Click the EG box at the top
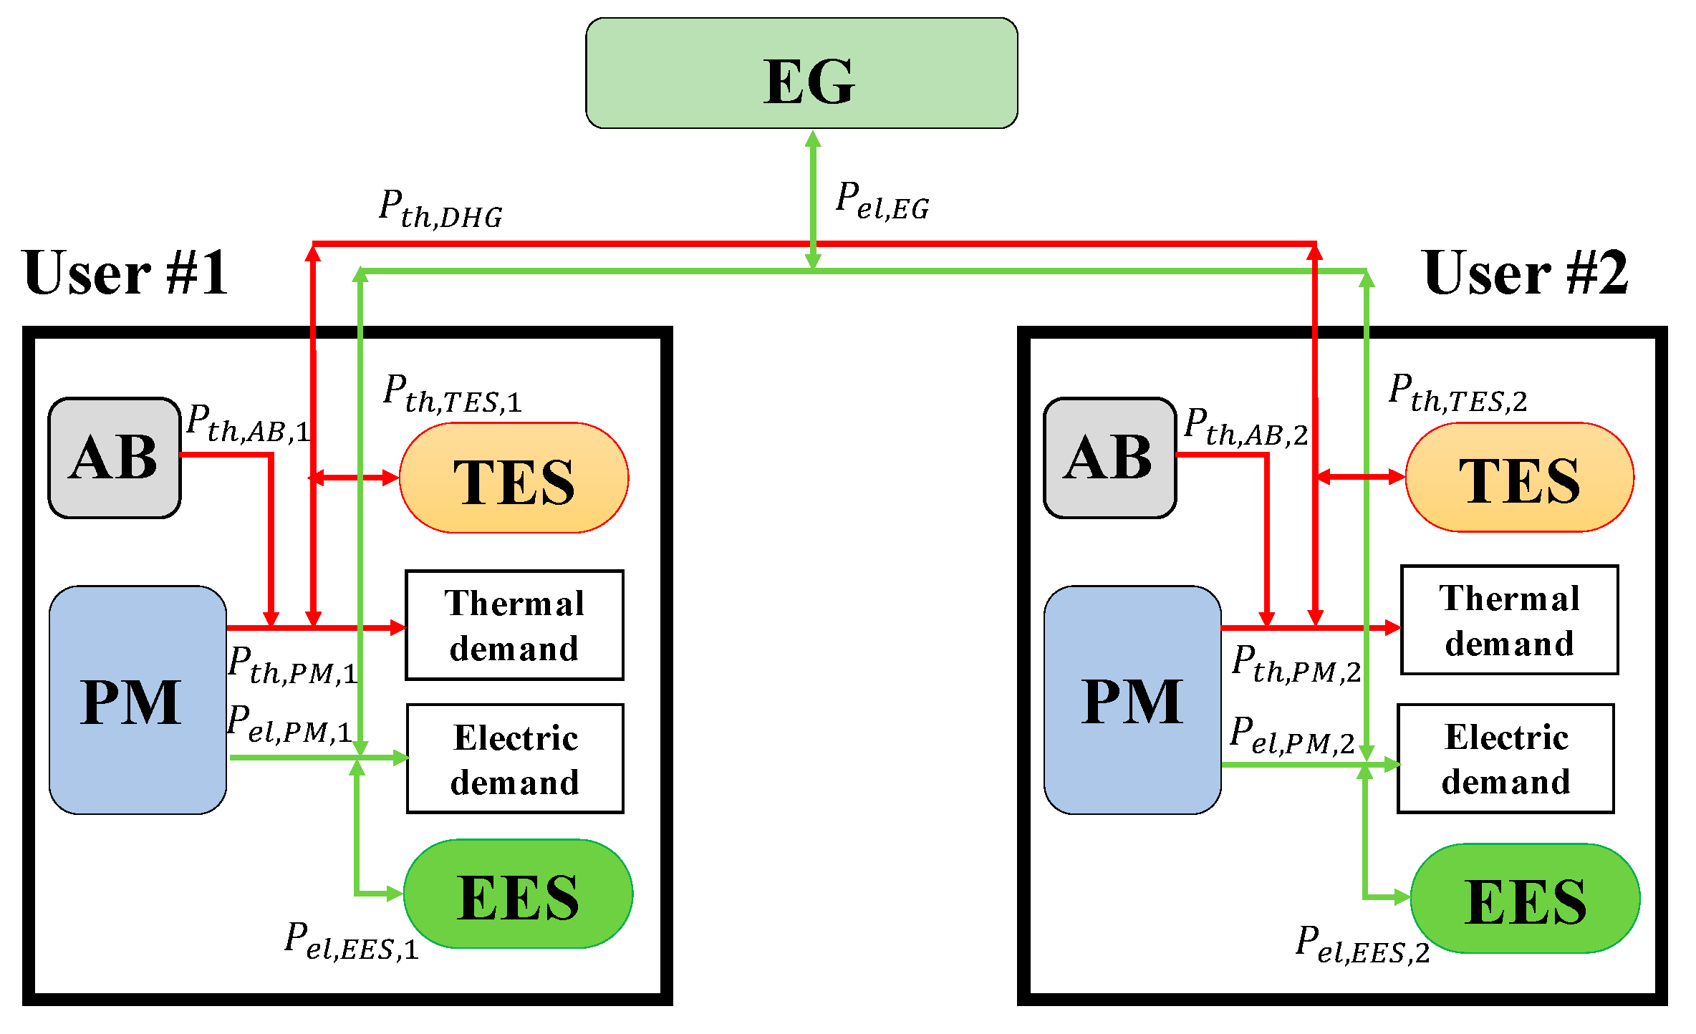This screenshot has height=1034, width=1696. (x=801, y=74)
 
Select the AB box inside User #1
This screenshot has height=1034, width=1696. (x=115, y=458)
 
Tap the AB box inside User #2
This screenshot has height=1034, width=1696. (x=1109, y=458)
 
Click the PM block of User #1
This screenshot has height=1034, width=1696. (x=138, y=700)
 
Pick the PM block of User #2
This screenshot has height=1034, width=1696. (x=1132, y=700)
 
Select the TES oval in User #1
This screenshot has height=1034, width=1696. (x=514, y=478)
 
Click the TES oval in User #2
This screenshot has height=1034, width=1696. (x=1519, y=478)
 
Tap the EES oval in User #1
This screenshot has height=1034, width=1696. (x=518, y=894)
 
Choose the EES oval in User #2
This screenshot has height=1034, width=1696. (x=1525, y=899)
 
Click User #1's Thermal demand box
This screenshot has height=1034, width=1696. (x=514, y=625)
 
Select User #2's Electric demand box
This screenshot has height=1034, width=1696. (x=1505, y=759)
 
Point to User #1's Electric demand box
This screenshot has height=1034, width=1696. (x=515, y=759)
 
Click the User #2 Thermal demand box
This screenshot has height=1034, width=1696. (x=1509, y=620)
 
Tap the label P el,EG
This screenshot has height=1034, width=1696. (x=882, y=201)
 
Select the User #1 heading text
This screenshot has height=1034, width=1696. (x=125, y=273)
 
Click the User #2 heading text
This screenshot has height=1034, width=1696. (x=1525, y=273)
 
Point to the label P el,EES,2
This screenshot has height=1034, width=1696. (x=1362, y=945)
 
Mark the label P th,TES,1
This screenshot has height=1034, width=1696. (x=452, y=395)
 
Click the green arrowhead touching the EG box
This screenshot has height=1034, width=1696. (x=812, y=139)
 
